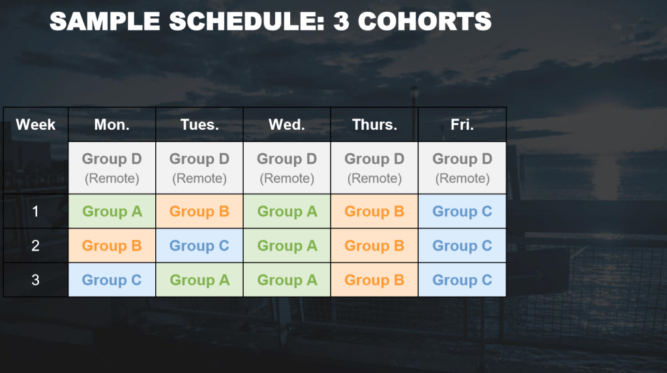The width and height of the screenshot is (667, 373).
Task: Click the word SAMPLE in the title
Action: coord(105,22)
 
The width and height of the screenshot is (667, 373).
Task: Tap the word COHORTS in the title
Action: coord(424,22)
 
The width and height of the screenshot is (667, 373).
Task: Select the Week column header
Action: coord(36,125)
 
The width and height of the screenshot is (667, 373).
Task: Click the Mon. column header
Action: coord(112,125)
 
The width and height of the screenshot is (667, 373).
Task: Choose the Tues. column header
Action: coord(200,125)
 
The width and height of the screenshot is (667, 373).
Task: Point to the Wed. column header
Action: coord(287,125)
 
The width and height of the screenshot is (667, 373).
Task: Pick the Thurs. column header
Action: coord(374,125)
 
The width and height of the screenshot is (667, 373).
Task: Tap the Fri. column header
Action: coord(462,125)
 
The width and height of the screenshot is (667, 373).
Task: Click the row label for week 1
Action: coord(36,211)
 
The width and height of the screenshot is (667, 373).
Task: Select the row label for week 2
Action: coord(36,246)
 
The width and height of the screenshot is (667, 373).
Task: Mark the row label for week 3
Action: coord(36,280)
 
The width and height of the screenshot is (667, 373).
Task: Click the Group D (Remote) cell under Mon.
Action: coord(112,168)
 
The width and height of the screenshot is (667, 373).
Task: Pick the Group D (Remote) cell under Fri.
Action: coord(462,168)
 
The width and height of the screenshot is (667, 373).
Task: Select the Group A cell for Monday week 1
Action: coord(112,211)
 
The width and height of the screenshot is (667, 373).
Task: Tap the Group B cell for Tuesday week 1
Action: coord(200,211)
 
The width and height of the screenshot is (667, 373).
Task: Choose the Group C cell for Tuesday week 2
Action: coord(200,246)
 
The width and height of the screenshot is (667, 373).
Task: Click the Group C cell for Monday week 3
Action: coord(112,280)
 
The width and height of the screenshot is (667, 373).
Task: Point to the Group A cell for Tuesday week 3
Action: coord(200,280)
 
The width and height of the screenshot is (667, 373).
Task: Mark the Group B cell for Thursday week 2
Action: coord(374,246)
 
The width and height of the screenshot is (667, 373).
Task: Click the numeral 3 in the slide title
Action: coord(341,22)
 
